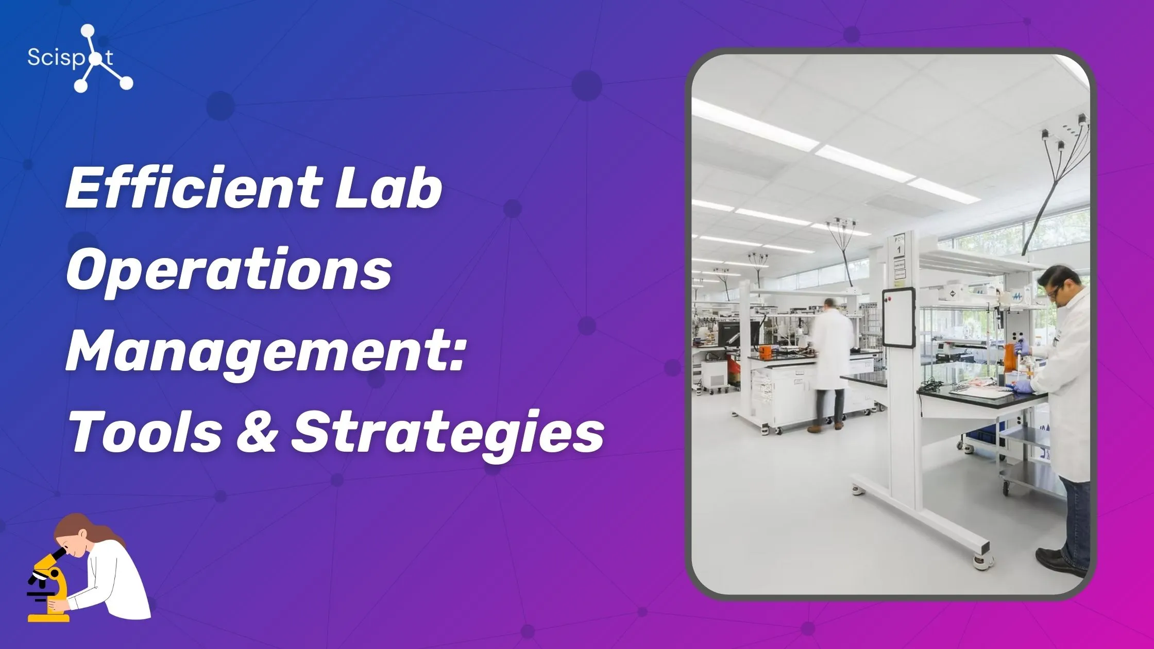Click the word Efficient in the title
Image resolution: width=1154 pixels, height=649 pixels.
click(x=193, y=188)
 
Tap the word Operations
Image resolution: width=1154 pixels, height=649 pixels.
click(x=229, y=270)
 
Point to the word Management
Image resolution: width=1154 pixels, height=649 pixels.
click(x=258, y=353)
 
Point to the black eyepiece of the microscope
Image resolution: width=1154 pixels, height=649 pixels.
click(x=58, y=554)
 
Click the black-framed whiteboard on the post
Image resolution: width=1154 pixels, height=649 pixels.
click(x=898, y=317)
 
